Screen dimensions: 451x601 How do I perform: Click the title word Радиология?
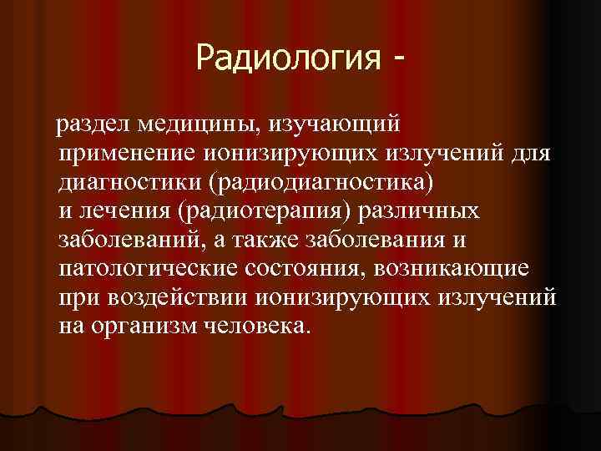coord(283,58)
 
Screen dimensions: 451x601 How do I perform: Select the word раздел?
coord(87,125)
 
